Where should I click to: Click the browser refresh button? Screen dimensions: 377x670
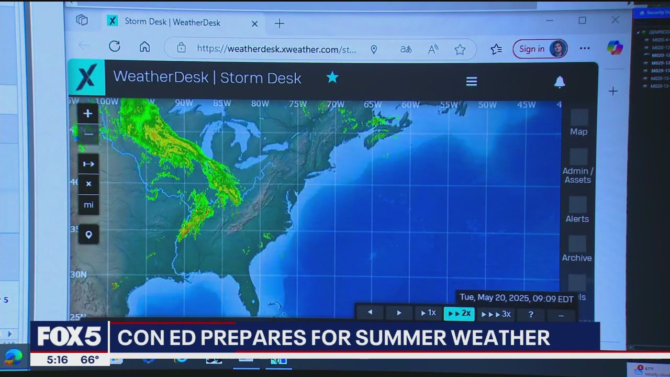tap(114, 47)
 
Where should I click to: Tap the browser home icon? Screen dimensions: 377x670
tap(144, 47)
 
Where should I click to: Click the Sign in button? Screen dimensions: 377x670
tap(540, 49)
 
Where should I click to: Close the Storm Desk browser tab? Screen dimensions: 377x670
tap(254, 24)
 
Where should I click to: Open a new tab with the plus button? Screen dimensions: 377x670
tap(280, 24)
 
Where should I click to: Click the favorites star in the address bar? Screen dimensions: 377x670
tap(460, 49)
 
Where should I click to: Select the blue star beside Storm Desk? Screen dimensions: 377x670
tap(332, 78)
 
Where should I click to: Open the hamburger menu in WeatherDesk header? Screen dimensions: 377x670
tap(472, 81)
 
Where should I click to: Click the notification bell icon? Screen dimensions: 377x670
tap(560, 82)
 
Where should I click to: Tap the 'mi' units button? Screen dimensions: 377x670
tap(88, 205)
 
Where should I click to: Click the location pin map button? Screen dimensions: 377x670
tap(88, 235)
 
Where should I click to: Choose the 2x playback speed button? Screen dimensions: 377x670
tap(459, 314)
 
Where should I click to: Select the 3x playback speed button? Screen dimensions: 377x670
tap(496, 314)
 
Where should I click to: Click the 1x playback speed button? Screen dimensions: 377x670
tap(428, 313)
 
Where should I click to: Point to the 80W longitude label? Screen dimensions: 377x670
tap(260, 104)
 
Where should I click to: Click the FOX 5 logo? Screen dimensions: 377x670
tap(69, 336)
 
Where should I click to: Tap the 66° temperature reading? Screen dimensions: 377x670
tap(90, 360)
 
